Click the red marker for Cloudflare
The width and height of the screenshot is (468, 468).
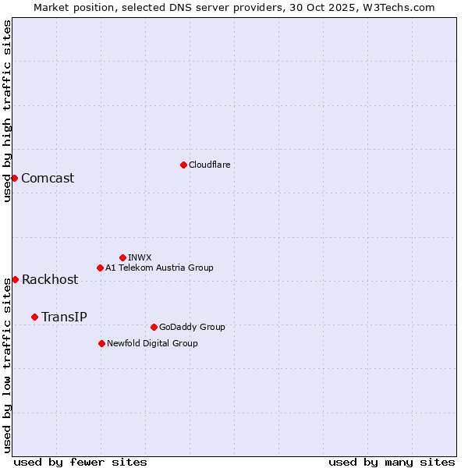tap(183, 165)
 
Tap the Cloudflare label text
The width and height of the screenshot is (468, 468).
tap(209, 165)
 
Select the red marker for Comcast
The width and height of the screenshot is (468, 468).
tap(14, 178)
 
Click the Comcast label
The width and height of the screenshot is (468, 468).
tap(48, 178)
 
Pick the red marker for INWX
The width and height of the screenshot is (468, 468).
tap(122, 257)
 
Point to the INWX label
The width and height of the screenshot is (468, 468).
tap(140, 257)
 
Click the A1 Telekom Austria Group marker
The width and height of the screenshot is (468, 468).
tap(100, 268)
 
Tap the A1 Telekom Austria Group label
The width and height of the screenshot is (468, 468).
tap(159, 268)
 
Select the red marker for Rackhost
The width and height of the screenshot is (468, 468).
tap(15, 279)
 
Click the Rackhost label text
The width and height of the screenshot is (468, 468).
tap(50, 279)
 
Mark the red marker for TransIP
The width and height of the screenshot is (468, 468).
tap(34, 317)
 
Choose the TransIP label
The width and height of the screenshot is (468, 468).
tap(64, 317)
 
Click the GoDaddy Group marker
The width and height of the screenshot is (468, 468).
tap(154, 327)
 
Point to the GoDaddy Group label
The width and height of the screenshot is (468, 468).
tap(192, 327)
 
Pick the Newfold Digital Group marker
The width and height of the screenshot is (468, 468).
tap(101, 343)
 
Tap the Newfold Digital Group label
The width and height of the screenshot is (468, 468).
tap(152, 343)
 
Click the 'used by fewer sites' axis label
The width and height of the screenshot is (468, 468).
tap(80, 462)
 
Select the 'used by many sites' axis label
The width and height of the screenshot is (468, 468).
tap(392, 462)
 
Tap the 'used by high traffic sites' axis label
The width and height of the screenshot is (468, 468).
tap(7, 111)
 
